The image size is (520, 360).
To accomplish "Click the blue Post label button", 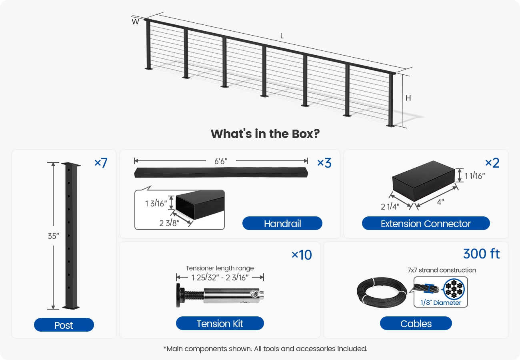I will pyautogui.click(x=64, y=325).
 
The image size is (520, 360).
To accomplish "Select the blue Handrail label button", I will pyautogui.click(x=282, y=223).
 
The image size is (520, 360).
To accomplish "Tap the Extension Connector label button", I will pyautogui.click(x=426, y=223).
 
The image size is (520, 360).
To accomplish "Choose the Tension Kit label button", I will pyautogui.click(x=220, y=323).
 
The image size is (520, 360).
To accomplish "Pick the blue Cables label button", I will pyautogui.click(x=416, y=323).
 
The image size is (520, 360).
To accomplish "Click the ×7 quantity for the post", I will pyautogui.click(x=101, y=163).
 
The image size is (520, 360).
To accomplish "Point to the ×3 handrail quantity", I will pyautogui.click(x=324, y=163).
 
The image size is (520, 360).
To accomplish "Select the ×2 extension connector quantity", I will pyautogui.click(x=492, y=163).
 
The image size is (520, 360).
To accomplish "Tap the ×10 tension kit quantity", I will pyautogui.click(x=302, y=255).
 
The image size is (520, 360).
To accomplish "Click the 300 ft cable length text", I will pyautogui.click(x=481, y=254).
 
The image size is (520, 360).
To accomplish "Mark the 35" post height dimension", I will pyautogui.click(x=53, y=236).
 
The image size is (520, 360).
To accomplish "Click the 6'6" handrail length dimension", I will pyautogui.click(x=221, y=161).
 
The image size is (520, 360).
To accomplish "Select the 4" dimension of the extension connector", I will pyautogui.click(x=440, y=202).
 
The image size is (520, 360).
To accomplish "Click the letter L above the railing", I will pyautogui.click(x=282, y=36).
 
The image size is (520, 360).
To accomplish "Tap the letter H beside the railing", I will pyautogui.click(x=408, y=98).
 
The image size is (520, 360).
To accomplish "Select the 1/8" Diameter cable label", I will pyautogui.click(x=441, y=303).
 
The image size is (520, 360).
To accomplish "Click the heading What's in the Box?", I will pyautogui.click(x=265, y=134).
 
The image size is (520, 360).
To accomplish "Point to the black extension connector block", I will pyautogui.click(x=423, y=181).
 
